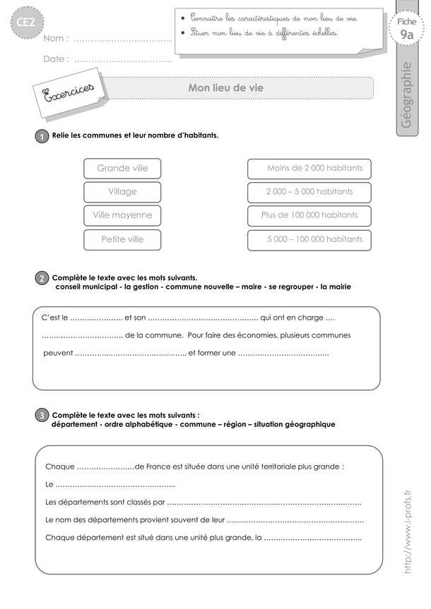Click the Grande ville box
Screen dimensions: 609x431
tap(122, 168)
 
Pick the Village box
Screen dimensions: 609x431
tap(122, 191)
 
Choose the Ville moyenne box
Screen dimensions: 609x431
tap(122, 215)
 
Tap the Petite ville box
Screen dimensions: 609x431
tap(122, 239)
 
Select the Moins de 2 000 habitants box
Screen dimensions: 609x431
tap(309, 168)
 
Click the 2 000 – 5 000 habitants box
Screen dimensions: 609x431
tap(309, 191)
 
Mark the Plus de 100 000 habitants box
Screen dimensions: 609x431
tap(309, 215)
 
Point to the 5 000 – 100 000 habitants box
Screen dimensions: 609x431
tap(309, 239)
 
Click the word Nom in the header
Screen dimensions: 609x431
tap(55, 38)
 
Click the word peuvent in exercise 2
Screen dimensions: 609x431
tap(57, 353)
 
